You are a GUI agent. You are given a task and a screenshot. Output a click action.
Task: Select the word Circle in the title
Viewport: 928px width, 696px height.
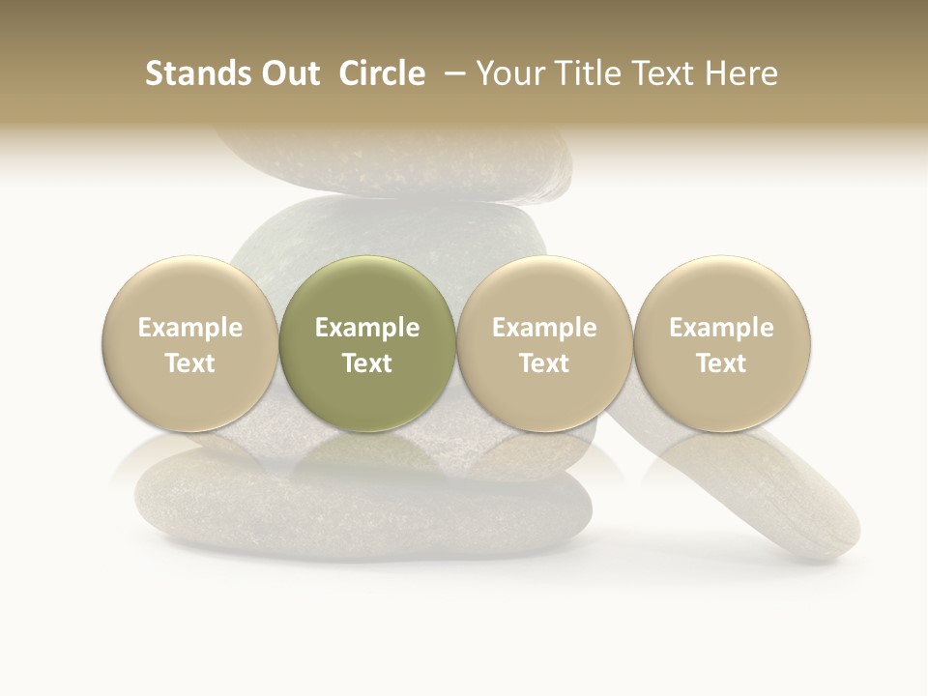click(x=380, y=74)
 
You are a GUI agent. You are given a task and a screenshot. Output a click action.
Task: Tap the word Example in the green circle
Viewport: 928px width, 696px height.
click(x=367, y=328)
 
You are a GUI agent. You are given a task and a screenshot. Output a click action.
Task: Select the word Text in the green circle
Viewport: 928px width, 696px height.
click(x=367, y=363)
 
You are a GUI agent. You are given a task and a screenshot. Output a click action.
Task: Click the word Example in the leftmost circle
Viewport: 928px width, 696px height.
click(x=190, y=328)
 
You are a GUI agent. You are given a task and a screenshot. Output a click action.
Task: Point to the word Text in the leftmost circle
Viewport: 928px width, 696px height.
click(x=190, y=363)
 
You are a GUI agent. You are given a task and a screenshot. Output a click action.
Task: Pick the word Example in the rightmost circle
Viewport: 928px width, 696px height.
click(x=721, y=328)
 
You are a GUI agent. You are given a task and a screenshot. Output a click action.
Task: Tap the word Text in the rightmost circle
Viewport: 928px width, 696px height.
click(x=721, y=363)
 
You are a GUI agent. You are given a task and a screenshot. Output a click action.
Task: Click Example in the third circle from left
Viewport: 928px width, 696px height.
click(x=544, y=328)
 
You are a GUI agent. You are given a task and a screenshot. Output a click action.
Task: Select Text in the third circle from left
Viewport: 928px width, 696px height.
click(x=544, y=363)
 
